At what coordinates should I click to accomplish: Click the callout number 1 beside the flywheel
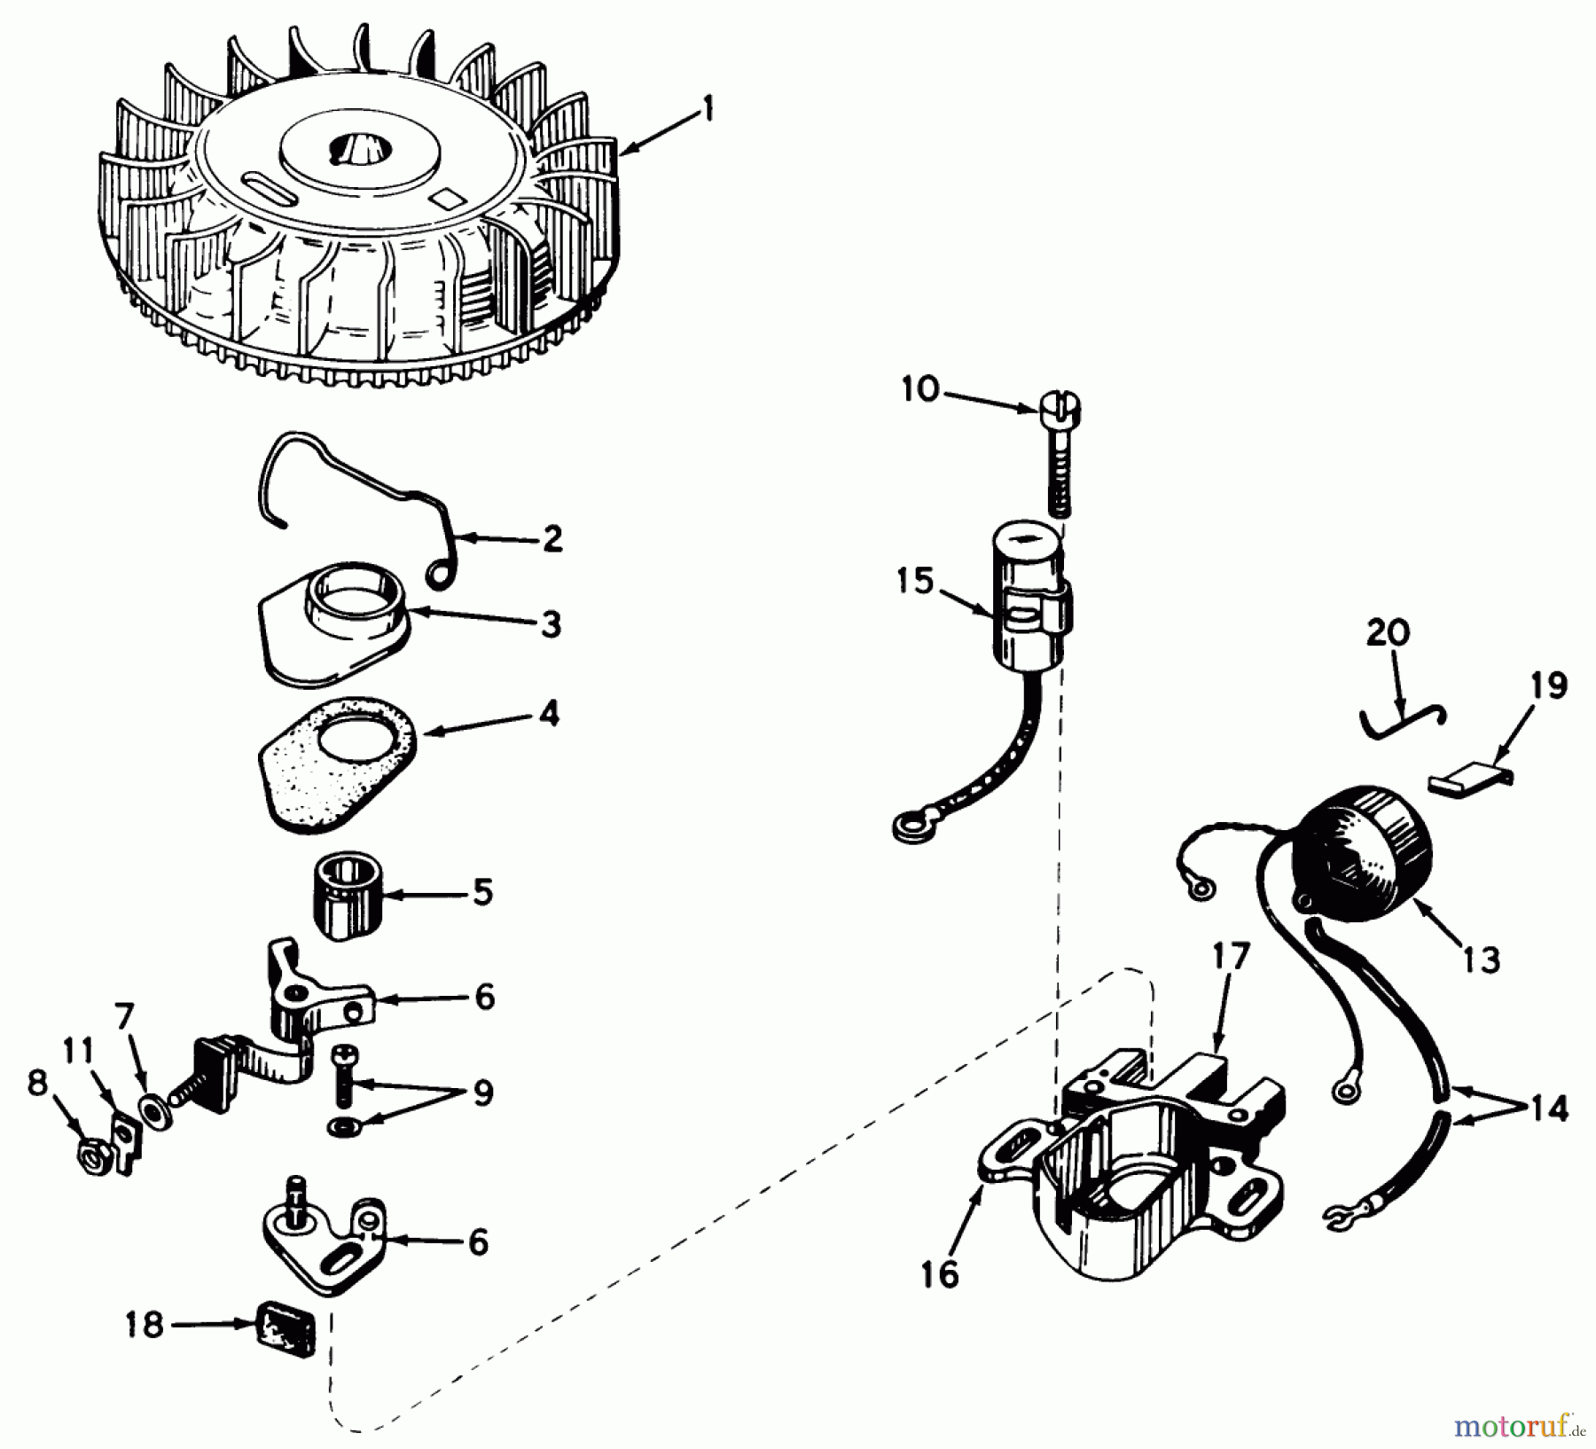[x=707, y=110]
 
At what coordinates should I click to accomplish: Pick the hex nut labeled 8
[x=90, y=1156]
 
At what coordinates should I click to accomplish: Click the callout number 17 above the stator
[x=1231, y=958]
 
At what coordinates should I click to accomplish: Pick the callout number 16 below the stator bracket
[x=940, y=1275]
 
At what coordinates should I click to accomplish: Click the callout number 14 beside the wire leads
[x=1547, y=1108]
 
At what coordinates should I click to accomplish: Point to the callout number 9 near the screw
[x=482, y=1093]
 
